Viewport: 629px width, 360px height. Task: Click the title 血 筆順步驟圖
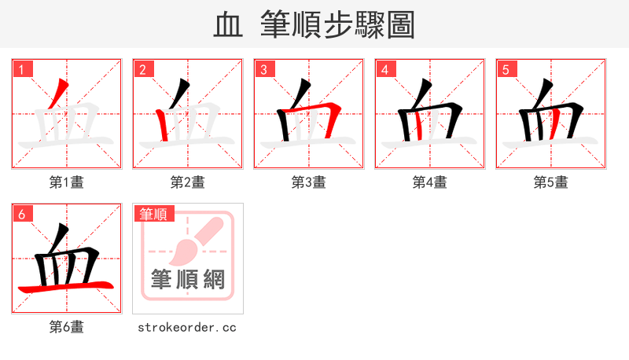[314, 25]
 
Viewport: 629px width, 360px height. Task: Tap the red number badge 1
[22, 70]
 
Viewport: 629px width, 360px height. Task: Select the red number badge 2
[143, 70]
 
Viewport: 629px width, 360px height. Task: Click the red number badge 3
[264, 70]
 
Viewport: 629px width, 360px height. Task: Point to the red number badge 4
[385, 70]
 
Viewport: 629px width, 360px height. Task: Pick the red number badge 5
[506, 70]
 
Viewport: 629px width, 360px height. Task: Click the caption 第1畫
[67, 182]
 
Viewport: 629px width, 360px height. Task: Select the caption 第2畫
[188, 182]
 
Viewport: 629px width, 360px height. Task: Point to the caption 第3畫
[309, 182]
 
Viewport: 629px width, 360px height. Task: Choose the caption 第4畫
[430, 182]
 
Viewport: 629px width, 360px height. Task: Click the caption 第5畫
[551, 182]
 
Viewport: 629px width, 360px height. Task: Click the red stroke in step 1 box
[59, 96]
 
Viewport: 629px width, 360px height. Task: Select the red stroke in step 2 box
[163, 126]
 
